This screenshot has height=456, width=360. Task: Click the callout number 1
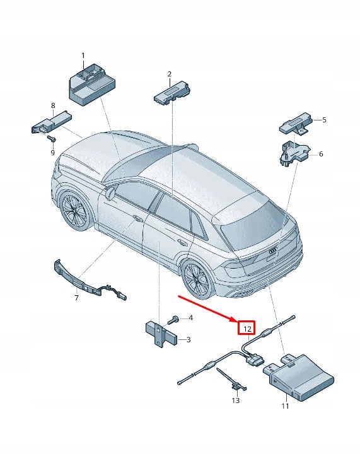[82, 56]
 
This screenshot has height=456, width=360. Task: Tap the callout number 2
[170, 74]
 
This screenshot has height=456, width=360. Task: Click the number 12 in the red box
[247, 329]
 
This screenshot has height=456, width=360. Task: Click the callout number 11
[284, 406]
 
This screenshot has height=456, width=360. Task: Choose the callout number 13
[236, 400]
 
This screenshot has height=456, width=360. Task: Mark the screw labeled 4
[175, 319]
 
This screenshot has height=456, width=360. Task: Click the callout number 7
[77, 297]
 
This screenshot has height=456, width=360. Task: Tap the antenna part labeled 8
[51, 122]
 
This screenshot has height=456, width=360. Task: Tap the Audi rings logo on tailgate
[274, 250]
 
